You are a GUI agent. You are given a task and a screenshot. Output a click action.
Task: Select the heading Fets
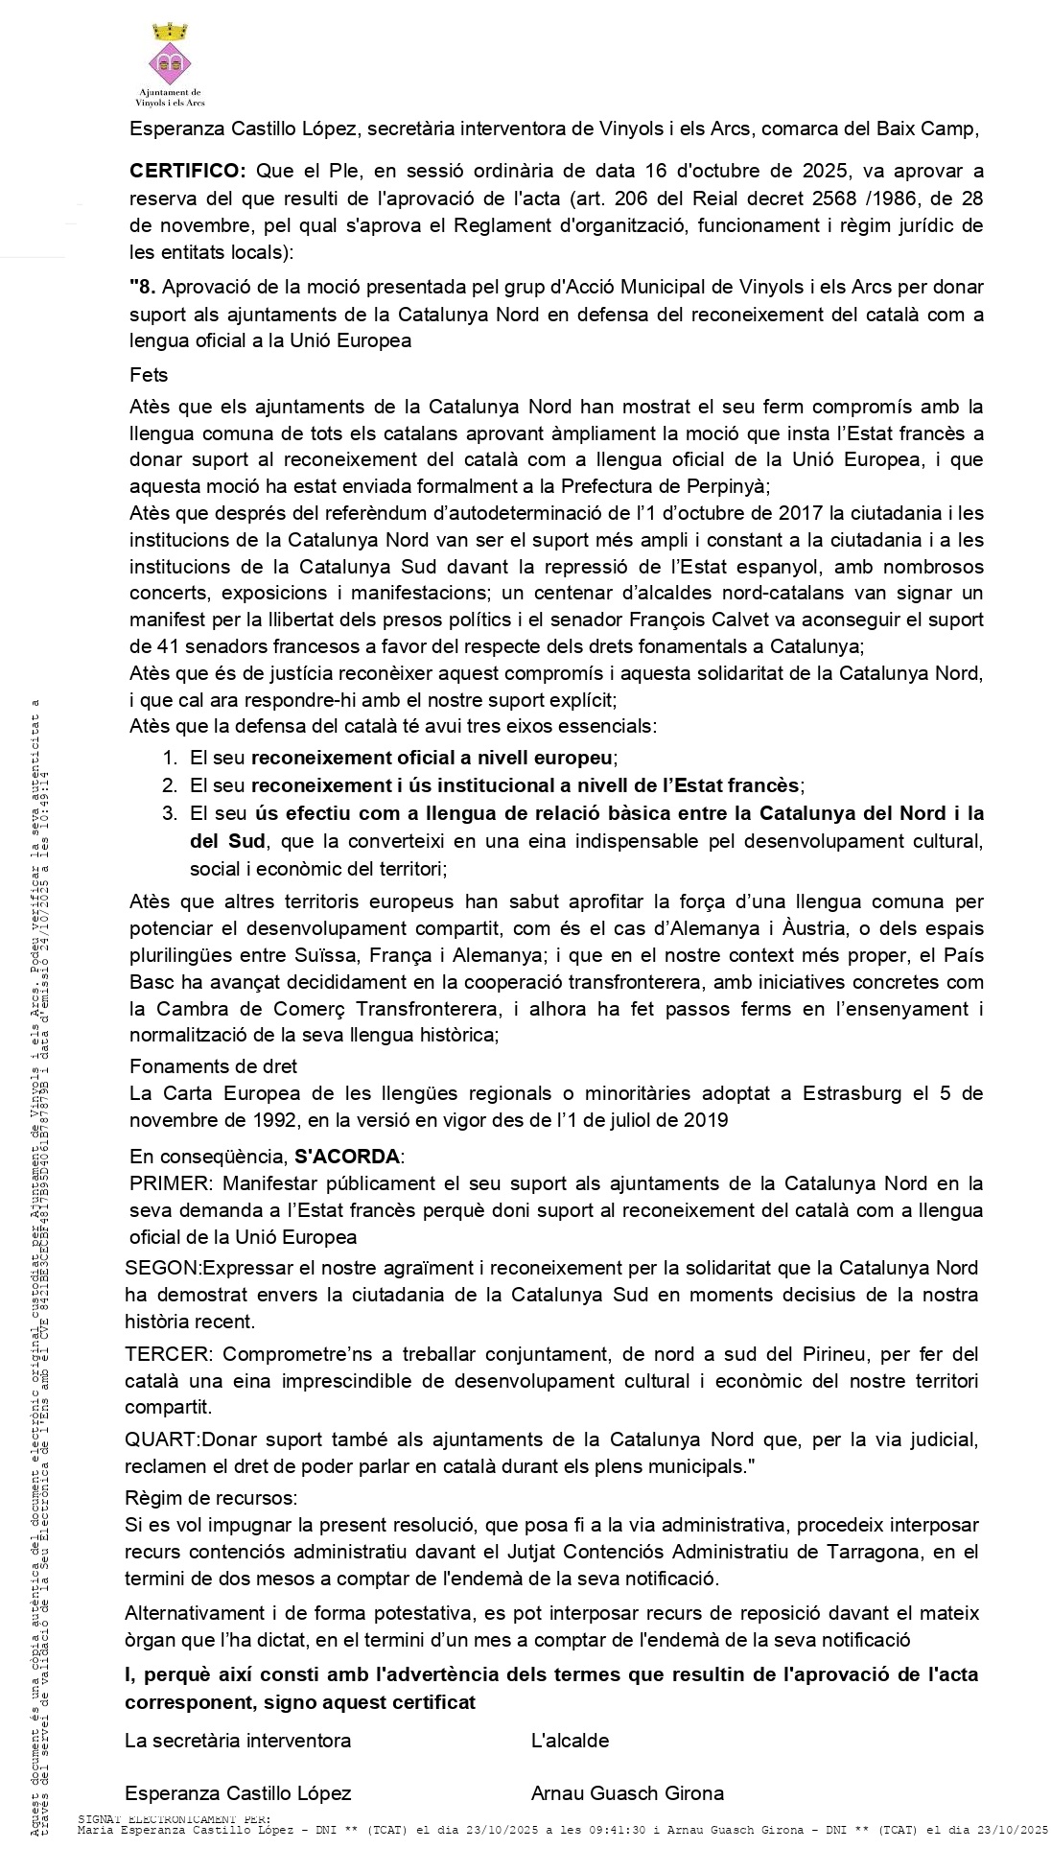149,376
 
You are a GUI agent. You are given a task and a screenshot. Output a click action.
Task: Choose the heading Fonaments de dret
213,1066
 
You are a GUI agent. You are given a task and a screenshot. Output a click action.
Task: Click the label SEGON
162,1268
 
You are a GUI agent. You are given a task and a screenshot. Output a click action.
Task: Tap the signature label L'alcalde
570,1741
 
